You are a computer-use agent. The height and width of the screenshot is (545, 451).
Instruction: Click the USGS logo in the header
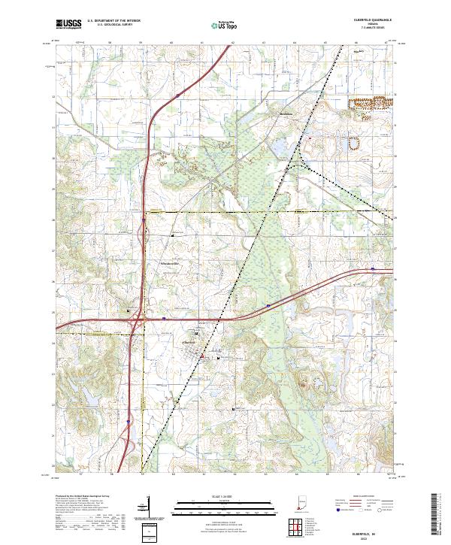68,24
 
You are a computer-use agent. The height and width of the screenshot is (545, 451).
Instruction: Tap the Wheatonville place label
172,264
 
